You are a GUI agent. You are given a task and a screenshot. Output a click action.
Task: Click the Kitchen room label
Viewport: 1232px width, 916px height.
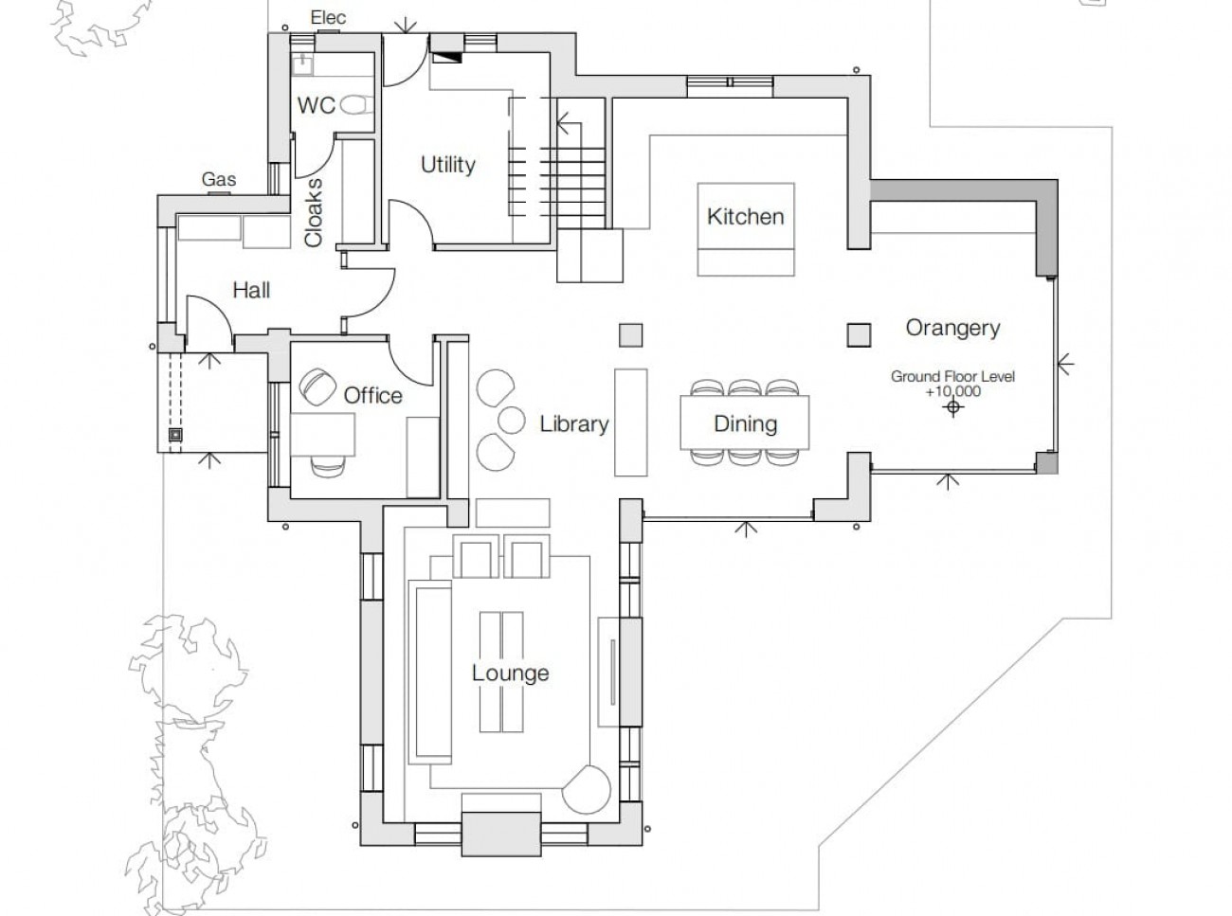pos(746,217)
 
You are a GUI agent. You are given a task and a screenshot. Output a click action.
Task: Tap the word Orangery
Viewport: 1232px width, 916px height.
pos(952,328)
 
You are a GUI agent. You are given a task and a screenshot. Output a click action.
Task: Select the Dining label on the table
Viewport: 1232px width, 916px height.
pos(745,424)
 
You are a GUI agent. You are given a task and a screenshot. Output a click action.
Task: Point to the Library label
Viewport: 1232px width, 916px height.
pos(573,424)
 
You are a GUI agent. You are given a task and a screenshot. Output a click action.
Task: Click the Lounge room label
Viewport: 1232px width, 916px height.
pos(511,673)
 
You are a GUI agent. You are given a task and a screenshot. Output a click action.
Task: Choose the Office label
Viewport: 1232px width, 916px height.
pos(372,396)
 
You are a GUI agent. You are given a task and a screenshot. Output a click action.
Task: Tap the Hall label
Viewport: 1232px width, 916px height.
pos(251,291)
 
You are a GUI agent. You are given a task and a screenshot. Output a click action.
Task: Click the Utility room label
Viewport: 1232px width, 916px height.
pos(447,165)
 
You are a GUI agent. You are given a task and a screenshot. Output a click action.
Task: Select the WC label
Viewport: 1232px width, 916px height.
pos(316,105)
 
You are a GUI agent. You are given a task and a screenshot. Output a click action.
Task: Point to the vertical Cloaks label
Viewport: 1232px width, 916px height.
pos(314,212)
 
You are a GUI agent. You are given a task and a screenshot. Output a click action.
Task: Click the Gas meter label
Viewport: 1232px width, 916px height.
pos(218,179)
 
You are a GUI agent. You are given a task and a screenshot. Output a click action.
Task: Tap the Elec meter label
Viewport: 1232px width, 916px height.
pos(328,18)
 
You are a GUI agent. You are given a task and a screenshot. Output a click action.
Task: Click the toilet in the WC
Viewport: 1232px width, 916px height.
pos(357,105)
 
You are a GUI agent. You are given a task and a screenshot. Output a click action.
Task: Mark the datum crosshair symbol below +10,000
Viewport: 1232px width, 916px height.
pos(953,408)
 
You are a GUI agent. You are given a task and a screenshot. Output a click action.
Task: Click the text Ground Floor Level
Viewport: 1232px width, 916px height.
pos(952,376)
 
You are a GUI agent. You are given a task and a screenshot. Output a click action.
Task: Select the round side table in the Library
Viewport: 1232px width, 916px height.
pos(511,421)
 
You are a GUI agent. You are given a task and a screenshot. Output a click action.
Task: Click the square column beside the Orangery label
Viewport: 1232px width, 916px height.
pos(859,335)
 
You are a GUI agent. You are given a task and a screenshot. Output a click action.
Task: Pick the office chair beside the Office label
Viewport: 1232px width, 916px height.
pos(317,386)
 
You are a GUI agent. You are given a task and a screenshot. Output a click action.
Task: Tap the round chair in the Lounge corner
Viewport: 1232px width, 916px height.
pos(587,790)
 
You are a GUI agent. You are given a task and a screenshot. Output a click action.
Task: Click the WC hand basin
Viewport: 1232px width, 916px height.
pos(302,65)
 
